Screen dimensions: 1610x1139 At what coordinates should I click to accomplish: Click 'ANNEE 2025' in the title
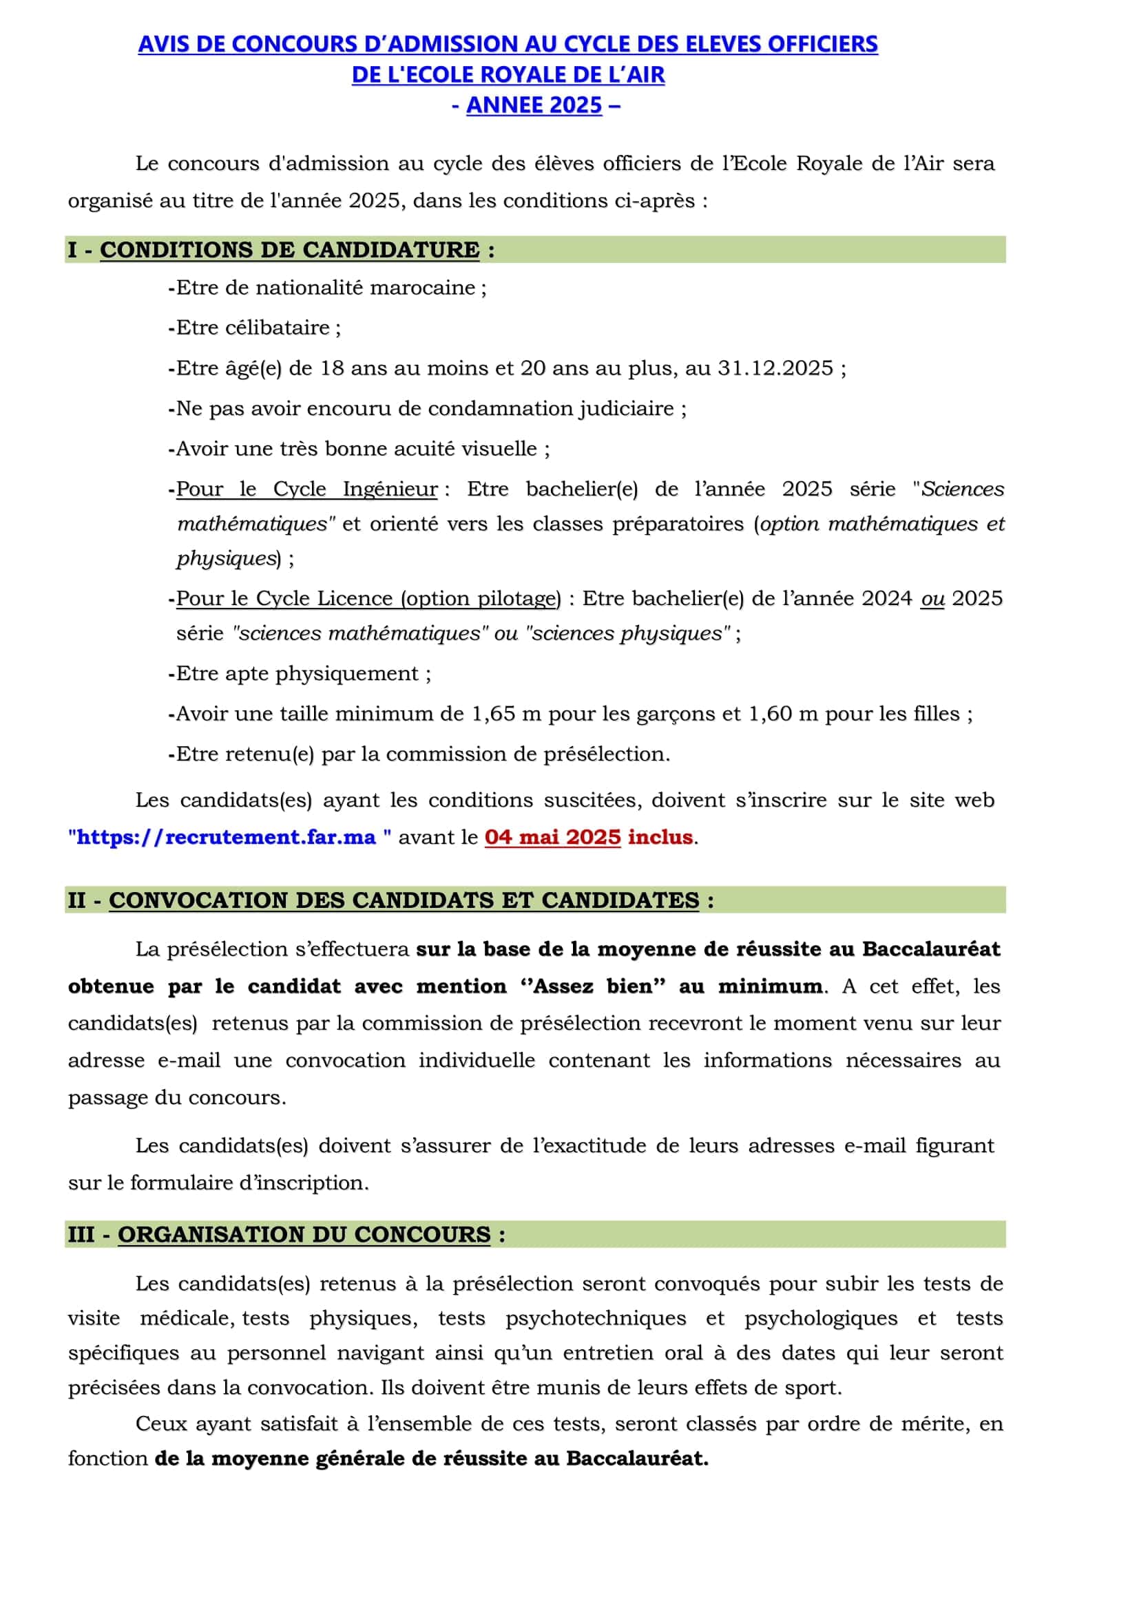point(534,105)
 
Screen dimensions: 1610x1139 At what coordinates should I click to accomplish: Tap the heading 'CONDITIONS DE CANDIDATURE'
point(290,250)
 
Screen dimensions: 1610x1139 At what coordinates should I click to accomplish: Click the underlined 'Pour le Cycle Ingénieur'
point(306,489)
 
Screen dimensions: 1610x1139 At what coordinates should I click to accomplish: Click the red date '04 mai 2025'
point(553,836)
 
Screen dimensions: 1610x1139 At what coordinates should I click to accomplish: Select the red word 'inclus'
point(660,836)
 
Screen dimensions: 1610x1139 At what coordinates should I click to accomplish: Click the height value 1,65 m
point(506,714)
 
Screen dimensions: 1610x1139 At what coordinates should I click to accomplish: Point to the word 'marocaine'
point(423,288)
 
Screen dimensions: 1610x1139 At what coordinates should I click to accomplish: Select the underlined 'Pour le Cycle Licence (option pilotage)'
point(368,598)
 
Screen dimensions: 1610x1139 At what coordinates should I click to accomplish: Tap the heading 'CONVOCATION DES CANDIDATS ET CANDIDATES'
point(404,900)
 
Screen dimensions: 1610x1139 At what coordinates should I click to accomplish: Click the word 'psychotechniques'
point(596,1317)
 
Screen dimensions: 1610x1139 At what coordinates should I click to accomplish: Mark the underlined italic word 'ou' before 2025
point(933,598)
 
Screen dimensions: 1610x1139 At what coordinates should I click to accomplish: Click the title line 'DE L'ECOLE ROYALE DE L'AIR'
point(508,74)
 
